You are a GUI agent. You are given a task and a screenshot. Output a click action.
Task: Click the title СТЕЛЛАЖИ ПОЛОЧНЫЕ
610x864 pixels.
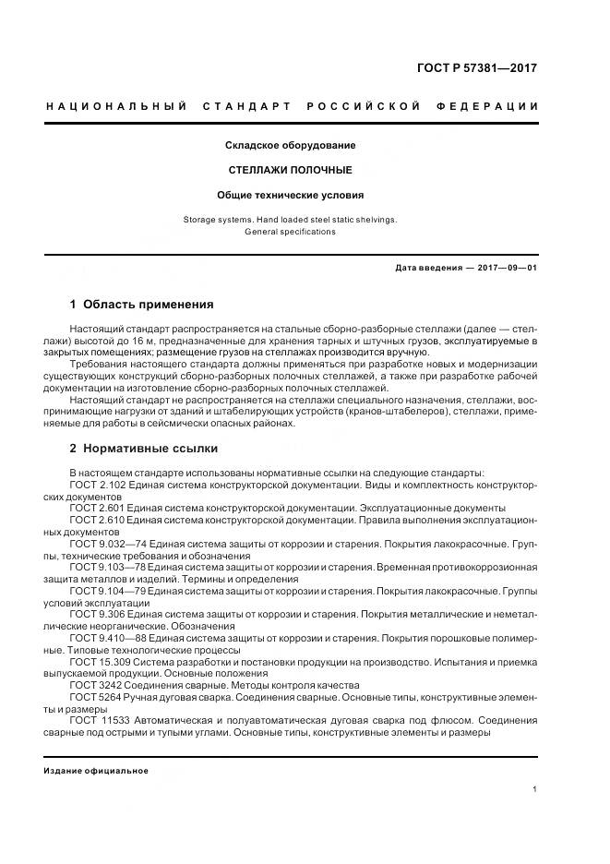point(291,171)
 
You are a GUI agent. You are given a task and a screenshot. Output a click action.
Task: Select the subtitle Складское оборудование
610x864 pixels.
point(291,146)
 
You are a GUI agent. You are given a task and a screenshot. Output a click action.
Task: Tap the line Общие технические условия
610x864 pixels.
point(291,196)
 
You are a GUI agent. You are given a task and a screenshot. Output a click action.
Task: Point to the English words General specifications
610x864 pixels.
point(291,232)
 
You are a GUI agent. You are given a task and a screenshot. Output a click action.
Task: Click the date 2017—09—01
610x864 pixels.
point(505,269)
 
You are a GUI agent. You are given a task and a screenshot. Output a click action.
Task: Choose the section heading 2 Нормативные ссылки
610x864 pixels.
point(144,449)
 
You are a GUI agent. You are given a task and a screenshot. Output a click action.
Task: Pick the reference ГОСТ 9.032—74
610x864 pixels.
point(109,545)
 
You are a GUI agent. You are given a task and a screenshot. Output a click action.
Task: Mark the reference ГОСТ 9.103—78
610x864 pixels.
point(109,568)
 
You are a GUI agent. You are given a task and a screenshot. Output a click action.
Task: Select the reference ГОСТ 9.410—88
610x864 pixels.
point(109,638)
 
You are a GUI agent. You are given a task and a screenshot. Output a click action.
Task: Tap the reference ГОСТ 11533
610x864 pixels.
point(99,721)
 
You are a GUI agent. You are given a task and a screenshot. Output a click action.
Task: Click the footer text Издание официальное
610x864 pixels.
point(96,771)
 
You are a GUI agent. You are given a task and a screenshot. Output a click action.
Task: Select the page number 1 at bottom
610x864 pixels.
point(535,790)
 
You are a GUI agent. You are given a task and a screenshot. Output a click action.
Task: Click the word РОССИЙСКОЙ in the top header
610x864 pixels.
point(367,107)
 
